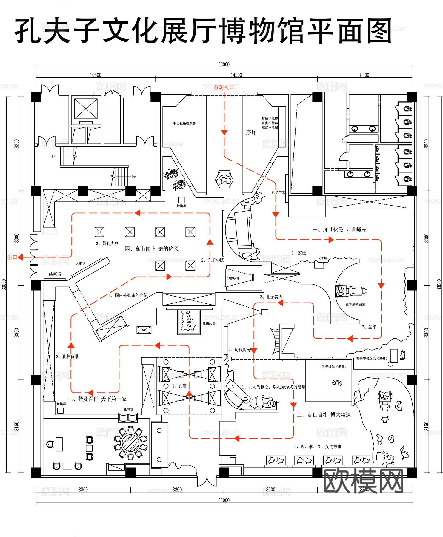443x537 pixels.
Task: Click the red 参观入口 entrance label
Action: [x=223, y=87]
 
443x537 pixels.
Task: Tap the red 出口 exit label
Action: [x=12, y=257]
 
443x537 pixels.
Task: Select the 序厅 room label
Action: [x=251, y=132]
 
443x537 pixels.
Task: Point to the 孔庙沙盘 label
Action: [x=209, y=324]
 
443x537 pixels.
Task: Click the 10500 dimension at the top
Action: [x=96, y=75]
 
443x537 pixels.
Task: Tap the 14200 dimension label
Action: [x=236, y=75]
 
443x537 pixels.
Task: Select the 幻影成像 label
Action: [x=233, y=278]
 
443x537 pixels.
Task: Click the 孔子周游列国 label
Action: [x=355, y=305]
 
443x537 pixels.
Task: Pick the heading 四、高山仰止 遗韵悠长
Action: [x=152, y=249]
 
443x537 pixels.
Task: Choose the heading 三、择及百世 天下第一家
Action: [x=97, y=399]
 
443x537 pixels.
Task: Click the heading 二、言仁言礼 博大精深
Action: [x=324, y=415]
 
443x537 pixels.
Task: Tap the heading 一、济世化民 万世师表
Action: [x=339, y=230]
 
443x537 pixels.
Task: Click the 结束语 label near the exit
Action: [x=55, y=274]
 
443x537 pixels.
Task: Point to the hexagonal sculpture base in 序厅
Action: [x=224, y=179]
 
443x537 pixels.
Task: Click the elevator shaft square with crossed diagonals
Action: [x=86, y=109]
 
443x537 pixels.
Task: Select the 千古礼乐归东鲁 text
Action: [x=184, y=123]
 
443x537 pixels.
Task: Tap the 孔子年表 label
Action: [x=278, y=192]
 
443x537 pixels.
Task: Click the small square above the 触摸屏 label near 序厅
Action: [x=181, y=200]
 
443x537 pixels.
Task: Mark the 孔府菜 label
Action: [x=128, y=410]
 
